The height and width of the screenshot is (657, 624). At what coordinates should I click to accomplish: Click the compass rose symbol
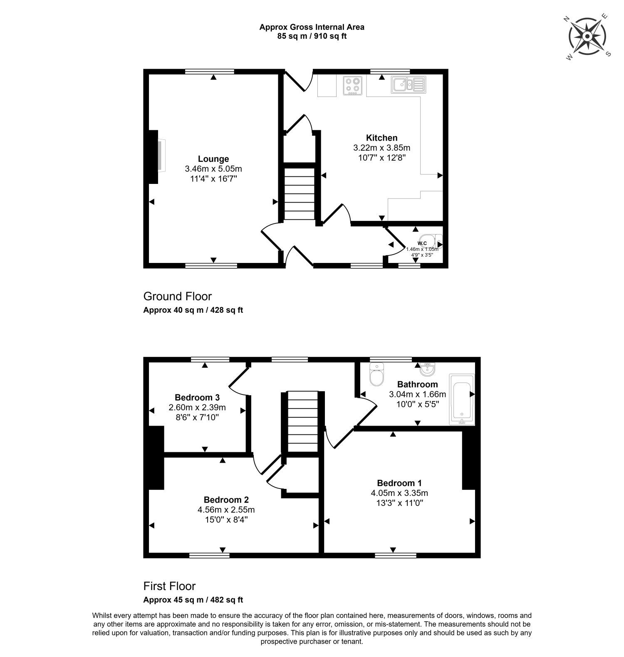click(587, 37)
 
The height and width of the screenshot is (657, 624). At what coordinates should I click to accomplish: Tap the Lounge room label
click(213, 159)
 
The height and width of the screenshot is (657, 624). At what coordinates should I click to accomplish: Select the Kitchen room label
click(381, 138)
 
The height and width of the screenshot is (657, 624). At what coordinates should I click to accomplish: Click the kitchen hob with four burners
click(353, 85)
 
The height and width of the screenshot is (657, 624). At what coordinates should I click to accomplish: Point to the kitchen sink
click(408, 84)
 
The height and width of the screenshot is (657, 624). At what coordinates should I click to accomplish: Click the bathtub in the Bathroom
click(461, 399)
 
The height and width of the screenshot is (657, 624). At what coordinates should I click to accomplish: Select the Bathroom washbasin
click(427, 369)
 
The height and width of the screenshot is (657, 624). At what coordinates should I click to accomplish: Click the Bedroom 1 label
click(399, 483)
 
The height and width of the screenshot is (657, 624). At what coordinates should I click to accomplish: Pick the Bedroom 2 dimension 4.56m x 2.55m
click(226, 510)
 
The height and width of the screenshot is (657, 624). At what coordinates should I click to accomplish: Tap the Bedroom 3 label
click(197, 397)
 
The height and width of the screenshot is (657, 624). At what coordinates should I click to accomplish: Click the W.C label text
click(422, 243)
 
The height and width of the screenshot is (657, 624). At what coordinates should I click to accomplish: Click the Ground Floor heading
click(178, 296)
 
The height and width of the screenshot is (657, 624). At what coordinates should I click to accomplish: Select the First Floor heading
click(169, 586)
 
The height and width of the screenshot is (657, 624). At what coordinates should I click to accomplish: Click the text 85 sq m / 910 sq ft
click(312, 36)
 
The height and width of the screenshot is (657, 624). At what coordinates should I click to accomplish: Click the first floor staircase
click(302, 421)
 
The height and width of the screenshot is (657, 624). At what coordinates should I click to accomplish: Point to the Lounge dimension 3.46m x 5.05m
click(213, 169)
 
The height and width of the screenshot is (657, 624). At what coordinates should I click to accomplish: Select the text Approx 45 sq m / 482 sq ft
click(193, 600)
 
